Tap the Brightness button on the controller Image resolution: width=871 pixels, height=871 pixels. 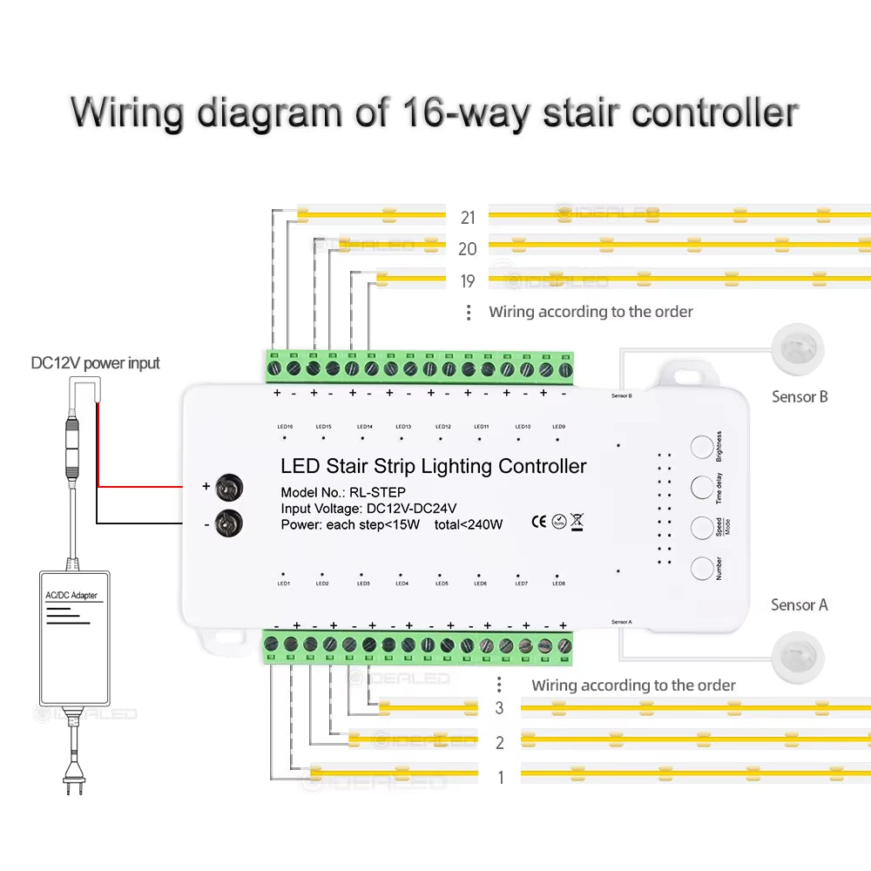tap(702, 447)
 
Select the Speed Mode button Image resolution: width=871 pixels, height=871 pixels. tap(702, 528)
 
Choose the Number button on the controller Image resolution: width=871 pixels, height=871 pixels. tap(702, 569)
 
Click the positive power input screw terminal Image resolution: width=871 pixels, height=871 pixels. tap(228, 487)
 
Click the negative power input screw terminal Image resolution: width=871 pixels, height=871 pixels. tap(228, 523)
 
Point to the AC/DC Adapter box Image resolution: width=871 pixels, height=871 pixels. tap(75, 638)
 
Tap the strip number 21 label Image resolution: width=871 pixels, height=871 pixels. tap(468, 217)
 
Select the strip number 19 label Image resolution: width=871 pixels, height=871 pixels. tap(468, 280)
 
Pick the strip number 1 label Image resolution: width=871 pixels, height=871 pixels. tap(500, 777)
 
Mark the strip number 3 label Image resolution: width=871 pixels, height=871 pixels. tap(499, 708)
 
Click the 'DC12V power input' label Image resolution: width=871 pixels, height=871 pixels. tap(96, 362)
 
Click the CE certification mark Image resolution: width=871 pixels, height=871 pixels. tap(538, 523)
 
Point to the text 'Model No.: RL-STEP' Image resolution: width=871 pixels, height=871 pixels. tap(343, 492)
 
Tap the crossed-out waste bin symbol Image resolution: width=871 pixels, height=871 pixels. tap(577, 523)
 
